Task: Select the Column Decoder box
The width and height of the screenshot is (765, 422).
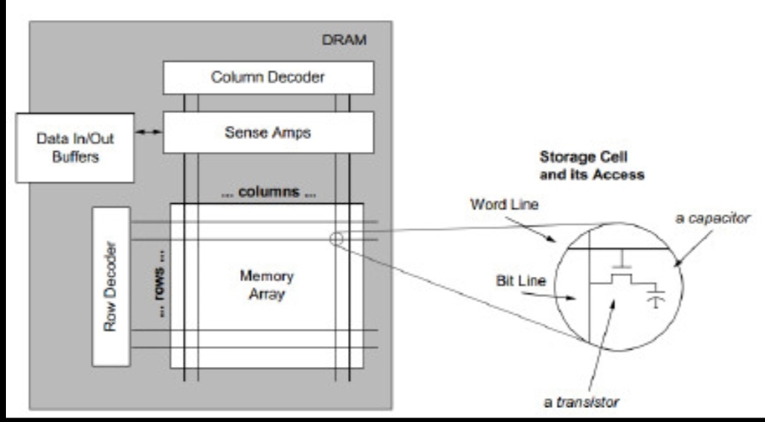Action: [268, 76]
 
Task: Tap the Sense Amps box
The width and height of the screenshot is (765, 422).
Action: [268, 132]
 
